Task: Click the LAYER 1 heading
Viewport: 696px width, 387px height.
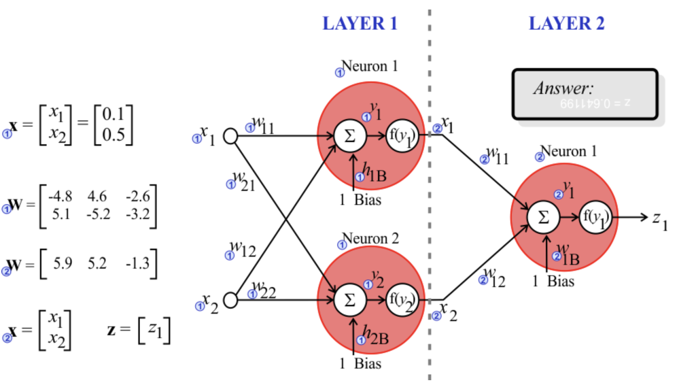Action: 360,23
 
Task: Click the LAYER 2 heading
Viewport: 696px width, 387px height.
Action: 566,23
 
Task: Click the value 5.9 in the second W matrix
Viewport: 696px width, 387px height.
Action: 63,263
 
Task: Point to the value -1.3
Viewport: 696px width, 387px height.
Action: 137,263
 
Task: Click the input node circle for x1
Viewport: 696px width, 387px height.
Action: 230,136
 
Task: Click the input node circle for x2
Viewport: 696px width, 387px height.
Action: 230,299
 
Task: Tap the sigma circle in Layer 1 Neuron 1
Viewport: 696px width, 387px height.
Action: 350,136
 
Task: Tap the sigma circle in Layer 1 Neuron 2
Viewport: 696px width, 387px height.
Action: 350,299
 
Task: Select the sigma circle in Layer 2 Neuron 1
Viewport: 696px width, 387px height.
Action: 543,218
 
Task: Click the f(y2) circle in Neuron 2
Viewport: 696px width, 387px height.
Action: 401,299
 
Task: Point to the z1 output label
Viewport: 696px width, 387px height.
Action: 660,219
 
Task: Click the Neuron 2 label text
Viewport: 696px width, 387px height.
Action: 370,239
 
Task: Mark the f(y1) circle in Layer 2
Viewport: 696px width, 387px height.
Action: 596,218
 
